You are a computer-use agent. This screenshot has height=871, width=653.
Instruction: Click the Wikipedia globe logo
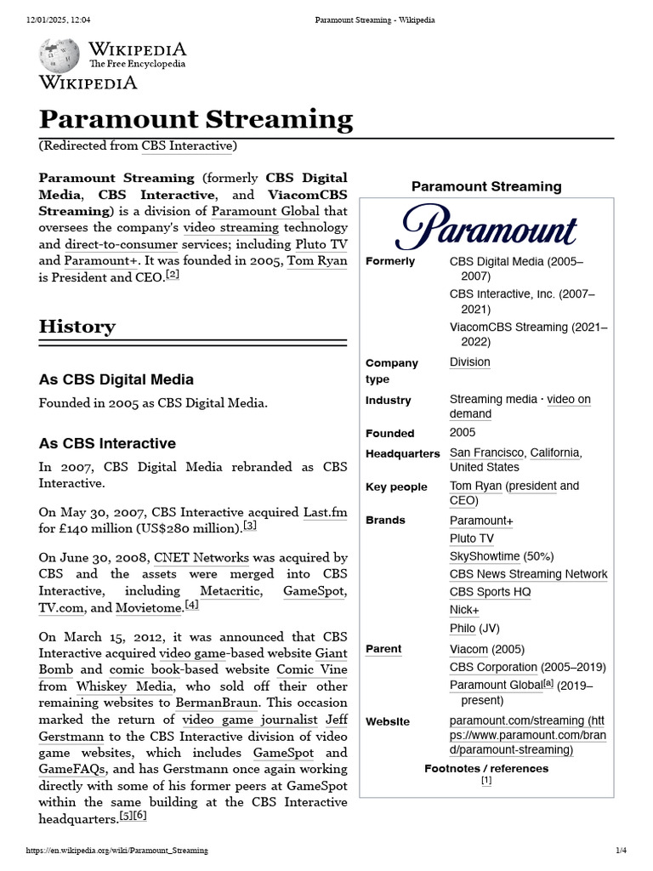tap(59, 55)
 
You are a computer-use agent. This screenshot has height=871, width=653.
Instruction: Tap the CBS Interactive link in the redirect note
tap(186, 145)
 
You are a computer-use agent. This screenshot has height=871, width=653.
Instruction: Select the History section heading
tap(77, 327)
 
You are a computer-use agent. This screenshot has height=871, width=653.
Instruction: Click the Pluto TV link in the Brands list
tap(471, 538)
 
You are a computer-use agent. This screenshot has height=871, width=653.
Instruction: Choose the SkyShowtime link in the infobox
tap(484, 556)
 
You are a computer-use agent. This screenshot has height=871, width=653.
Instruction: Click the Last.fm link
tap(326, 513)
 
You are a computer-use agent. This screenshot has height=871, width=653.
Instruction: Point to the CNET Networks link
tap(202, 558)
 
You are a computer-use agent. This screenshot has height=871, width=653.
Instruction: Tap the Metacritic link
tap(230, 591)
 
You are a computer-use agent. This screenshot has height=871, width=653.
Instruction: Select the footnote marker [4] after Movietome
tap(192, 605)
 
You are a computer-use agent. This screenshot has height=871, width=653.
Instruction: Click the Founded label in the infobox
tap(389, 433)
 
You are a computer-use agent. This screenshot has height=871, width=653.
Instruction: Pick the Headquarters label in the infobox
tap(402, 453)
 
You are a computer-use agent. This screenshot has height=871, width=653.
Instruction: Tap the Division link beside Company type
tap(469, 361)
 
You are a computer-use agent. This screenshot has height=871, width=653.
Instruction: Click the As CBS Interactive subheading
tap(107, 443)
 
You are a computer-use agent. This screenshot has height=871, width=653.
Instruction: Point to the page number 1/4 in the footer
tap(621, 851)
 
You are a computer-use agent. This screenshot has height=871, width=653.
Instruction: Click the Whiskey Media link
tap(125, 686)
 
